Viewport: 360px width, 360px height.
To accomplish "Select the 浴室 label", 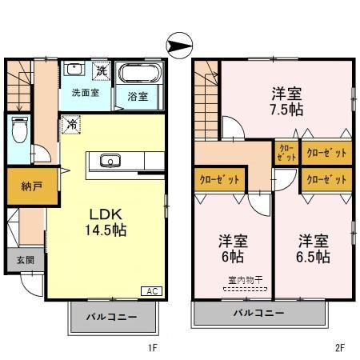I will [137, 97].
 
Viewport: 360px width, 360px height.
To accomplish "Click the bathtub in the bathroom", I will [139, 74].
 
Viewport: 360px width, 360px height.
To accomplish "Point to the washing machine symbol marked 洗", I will [101, 71].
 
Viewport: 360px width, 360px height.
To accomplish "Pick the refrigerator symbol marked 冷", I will [70, 125].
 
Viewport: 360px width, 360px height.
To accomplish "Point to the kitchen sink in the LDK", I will [110, 162].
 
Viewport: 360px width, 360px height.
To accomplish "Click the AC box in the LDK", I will [150, 290].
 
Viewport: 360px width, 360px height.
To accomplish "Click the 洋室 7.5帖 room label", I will [286, 101].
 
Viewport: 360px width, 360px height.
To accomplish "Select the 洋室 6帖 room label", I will [232, 248].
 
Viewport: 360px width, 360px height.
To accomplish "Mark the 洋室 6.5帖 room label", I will [313, 248].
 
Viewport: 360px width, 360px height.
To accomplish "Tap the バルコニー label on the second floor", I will [259, 312].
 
